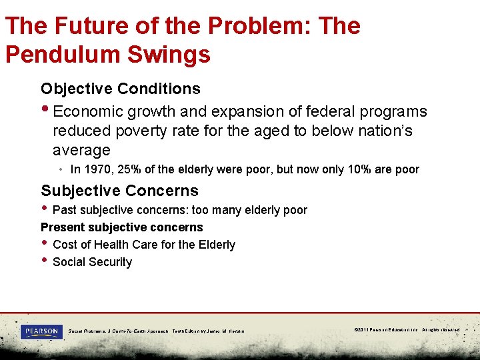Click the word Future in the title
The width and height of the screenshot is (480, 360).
89,25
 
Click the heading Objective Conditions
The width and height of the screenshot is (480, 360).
120,89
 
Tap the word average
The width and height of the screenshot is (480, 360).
81,150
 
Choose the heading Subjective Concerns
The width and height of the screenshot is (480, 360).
119,191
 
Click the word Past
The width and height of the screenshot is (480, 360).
65,210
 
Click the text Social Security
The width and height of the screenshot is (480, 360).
92,262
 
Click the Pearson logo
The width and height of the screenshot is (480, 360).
41,331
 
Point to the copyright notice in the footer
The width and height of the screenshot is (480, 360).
407,329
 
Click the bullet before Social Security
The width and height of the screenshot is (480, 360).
44,261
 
